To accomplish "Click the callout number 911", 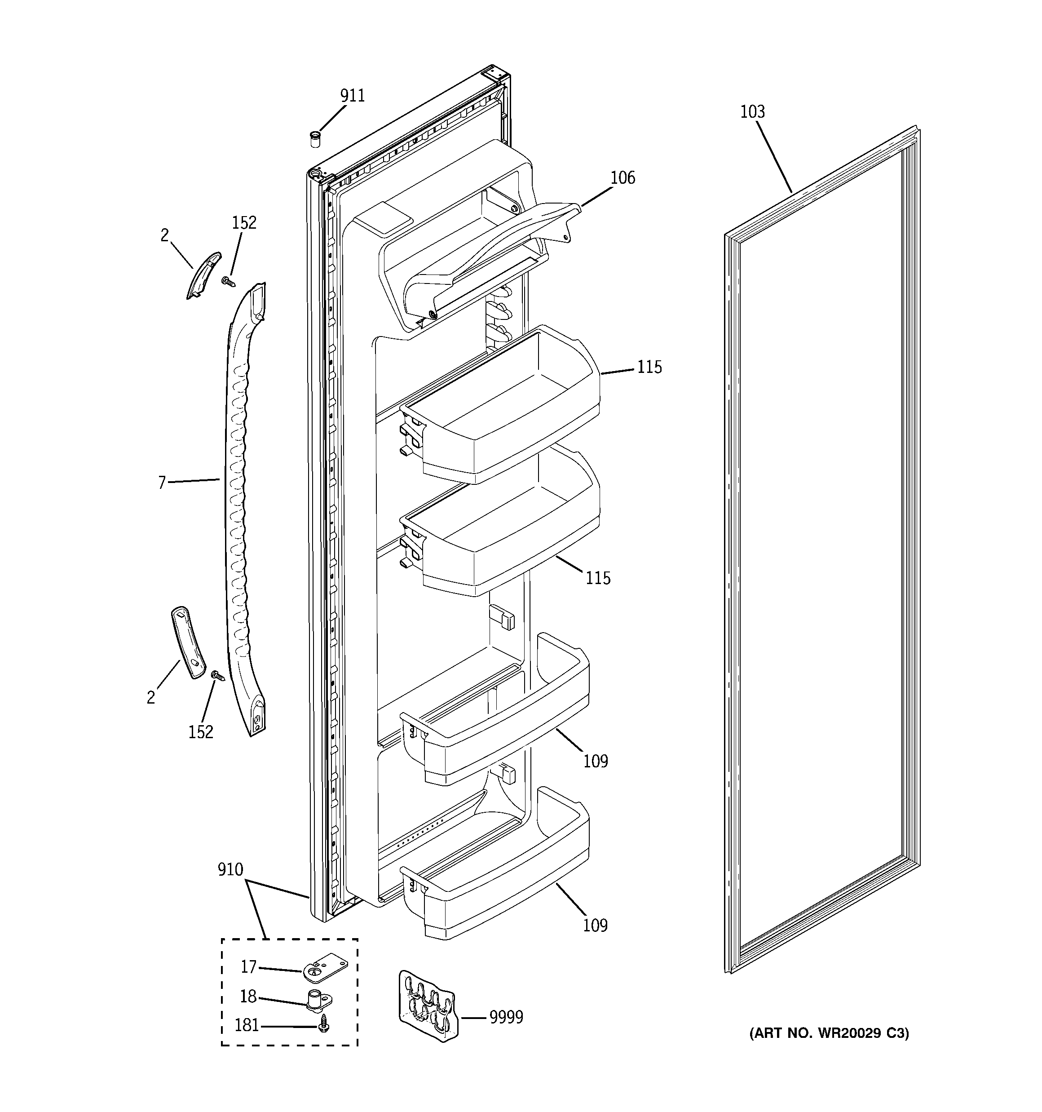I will tap(353, 96).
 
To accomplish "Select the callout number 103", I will tap(752, 112).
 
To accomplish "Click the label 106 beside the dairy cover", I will tap(623, 178).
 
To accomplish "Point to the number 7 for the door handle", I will tap(162, 482).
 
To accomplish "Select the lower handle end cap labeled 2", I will tap(188, 642).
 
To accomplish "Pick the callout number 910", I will tap(230, 869).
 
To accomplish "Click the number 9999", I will tap(506, 1017).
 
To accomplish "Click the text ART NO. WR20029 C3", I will tap(829, 1033).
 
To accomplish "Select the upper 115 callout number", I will tap(649, 368).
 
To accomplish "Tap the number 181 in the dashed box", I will tap(247, 1025).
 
